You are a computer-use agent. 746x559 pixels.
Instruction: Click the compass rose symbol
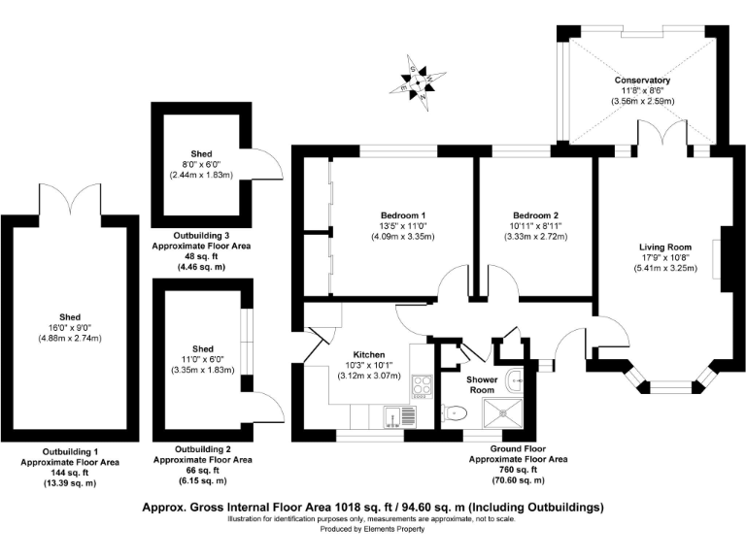418,83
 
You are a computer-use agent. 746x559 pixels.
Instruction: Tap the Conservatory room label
642,80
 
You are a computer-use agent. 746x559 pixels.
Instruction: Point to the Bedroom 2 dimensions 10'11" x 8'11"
536,226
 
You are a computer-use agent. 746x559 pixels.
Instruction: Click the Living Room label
665,247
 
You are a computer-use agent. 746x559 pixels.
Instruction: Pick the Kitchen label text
369,354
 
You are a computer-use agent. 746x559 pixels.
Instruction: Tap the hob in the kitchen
422,386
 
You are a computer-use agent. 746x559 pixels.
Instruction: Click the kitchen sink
399,417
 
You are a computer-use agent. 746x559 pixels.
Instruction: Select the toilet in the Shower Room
455,413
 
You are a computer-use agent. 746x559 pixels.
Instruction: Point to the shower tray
503,412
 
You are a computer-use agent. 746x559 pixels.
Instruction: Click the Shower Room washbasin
515,380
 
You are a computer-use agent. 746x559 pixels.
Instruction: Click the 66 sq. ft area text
202,471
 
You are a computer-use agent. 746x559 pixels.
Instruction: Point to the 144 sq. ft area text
70,473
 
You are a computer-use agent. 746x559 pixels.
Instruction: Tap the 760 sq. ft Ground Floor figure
518,470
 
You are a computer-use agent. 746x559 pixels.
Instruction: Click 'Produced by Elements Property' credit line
372,529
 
